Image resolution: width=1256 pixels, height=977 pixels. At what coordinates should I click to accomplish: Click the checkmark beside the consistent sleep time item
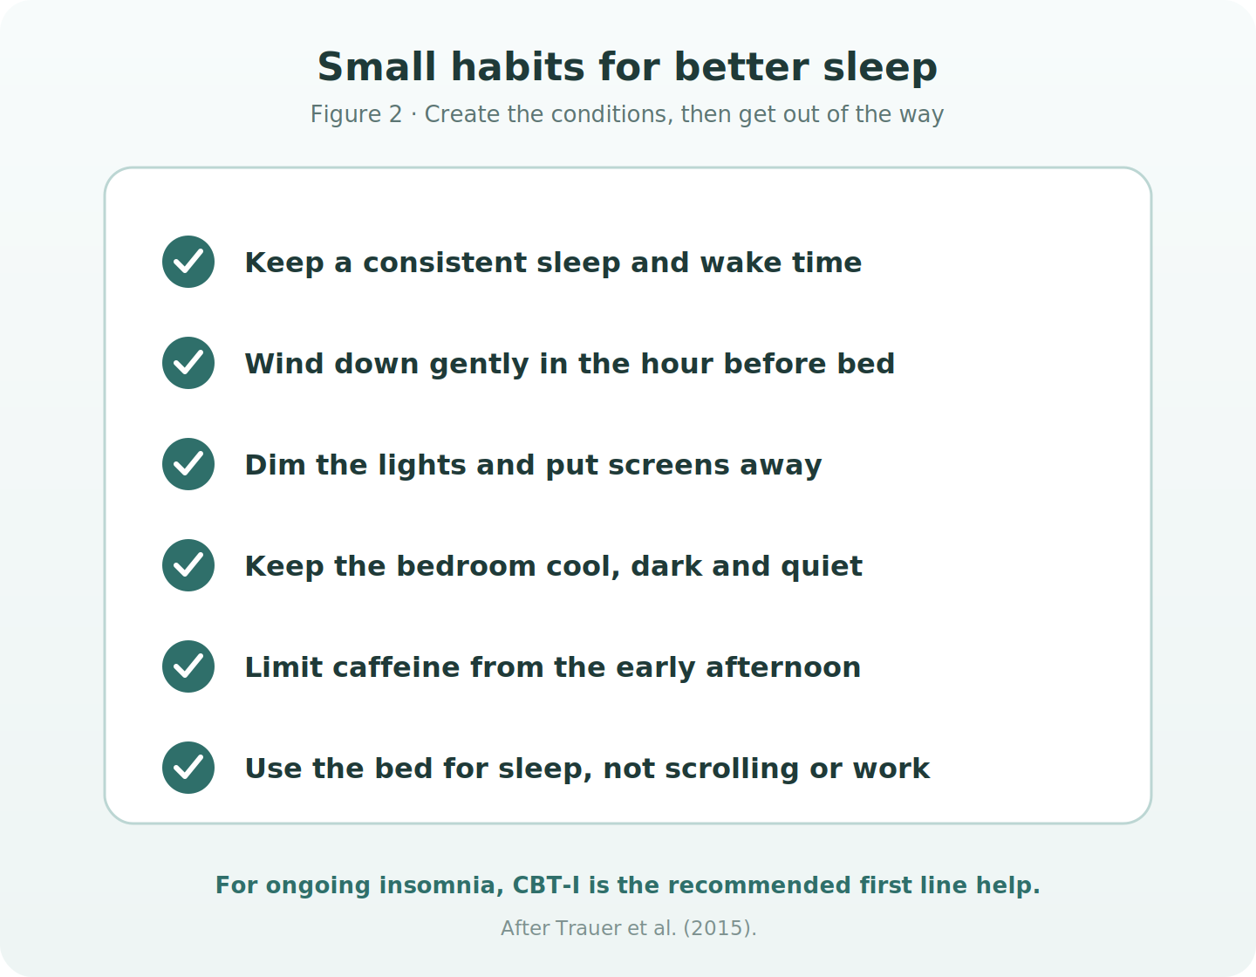point(188,262)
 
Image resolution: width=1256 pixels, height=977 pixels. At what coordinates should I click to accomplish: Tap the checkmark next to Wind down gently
point(188,363)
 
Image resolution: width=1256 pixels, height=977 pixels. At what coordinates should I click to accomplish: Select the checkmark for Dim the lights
point(188,464)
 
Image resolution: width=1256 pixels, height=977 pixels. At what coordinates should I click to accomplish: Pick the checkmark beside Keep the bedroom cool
point(188,564)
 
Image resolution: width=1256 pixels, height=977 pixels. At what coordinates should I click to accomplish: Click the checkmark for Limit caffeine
point(188,666)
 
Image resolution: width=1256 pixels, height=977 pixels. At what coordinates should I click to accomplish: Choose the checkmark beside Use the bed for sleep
point(188,767)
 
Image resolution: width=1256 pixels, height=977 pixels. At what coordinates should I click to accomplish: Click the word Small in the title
point(376,67)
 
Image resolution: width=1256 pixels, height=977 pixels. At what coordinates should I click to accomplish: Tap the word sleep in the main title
point(880,69)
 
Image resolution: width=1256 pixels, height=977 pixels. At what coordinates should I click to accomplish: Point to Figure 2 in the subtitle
point(356,114)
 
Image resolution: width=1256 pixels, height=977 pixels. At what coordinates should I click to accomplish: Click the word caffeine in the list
point(395,667)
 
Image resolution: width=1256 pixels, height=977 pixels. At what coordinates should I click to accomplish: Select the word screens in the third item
point(669,466)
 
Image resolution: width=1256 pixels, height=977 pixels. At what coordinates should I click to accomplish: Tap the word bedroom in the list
point(466,566)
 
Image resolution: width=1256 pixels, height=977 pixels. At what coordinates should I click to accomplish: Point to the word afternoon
point(783,667)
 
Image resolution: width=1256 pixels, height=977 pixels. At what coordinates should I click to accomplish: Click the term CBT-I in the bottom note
point(546,885)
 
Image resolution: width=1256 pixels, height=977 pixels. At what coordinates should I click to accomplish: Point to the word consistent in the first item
point(445,263)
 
